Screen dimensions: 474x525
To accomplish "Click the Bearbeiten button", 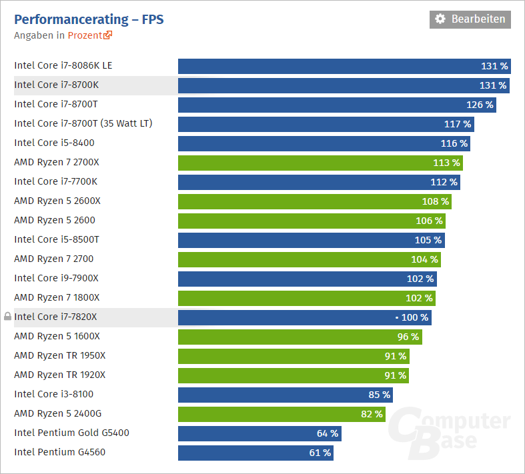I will [x=470, y=19].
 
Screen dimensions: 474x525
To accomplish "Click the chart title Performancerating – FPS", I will [x=89, y=19].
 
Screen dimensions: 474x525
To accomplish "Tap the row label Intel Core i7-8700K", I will [x=56, y=85].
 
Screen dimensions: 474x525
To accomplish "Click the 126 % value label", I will [x=480, y=105].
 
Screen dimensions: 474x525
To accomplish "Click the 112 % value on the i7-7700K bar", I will [x=444, y=182].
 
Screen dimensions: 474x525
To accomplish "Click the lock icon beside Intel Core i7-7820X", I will [x=7, y=317].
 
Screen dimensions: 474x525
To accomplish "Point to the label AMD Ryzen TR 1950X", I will [x=59, y=356].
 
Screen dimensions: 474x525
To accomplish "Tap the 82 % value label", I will [x=372, y=414].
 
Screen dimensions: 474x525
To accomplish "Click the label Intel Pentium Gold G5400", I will [x=71, y=433].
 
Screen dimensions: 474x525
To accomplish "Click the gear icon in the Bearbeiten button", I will [x=440, y=19].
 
